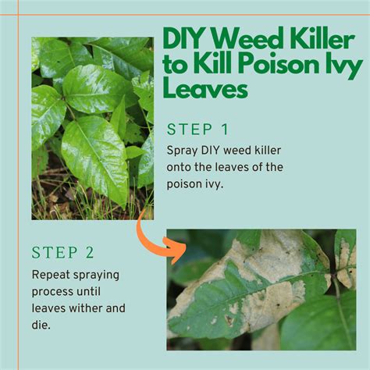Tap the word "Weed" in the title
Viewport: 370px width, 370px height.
(246, 40)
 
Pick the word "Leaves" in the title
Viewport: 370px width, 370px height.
(205, 91)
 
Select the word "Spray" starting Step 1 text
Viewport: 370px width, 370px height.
(181, 148)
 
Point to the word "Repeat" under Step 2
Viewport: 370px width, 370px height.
(50, 274)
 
